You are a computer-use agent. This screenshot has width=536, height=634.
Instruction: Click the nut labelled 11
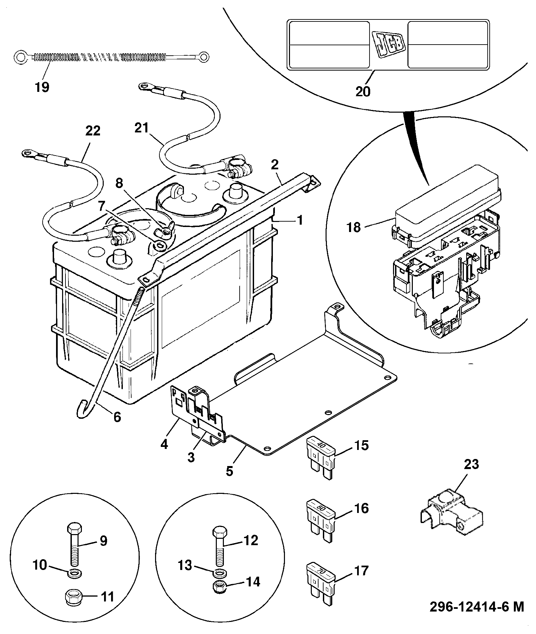click(x=72, y=597)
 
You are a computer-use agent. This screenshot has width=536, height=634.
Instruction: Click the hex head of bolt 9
click(x=74, y=529)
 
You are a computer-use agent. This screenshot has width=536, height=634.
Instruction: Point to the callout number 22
click(x=93, y=131)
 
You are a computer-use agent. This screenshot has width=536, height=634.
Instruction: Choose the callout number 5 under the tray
click(x=229, y=471)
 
